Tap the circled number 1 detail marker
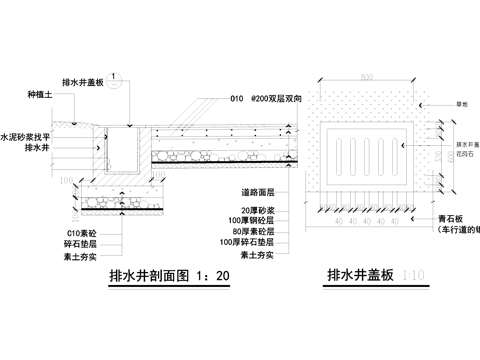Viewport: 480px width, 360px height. [x=116, y=77]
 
